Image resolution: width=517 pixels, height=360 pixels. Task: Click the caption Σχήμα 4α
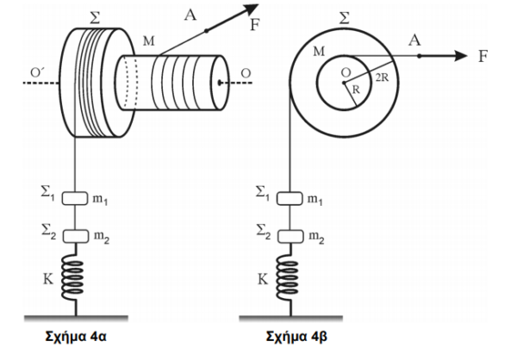(76, 337)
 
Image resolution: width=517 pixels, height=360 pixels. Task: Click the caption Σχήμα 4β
(296, 337)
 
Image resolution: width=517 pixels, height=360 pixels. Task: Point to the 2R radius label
(382, 78)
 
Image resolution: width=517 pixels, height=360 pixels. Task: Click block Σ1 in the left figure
(75, 198)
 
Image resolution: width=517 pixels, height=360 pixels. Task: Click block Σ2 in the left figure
(76, 236)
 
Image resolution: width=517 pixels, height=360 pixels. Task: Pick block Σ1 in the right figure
(290, 198)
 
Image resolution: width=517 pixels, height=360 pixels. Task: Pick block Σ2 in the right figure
(290, 237)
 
